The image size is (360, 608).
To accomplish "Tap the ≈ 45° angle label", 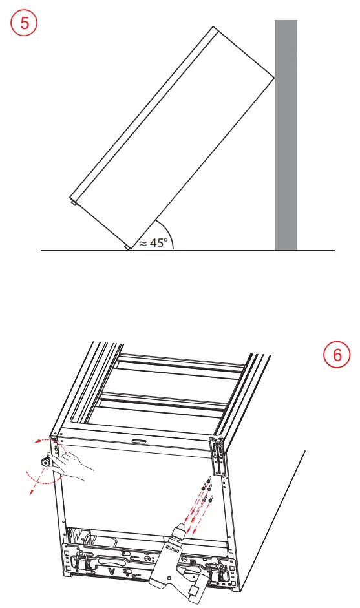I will (153, 242).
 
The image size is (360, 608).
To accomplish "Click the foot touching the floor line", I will (127, 247).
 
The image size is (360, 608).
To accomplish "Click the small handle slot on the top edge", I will (137, 442).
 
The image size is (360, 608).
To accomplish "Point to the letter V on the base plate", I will (111, 572).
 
